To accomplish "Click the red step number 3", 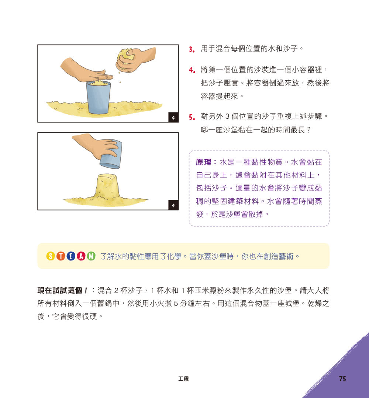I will coord(191,49).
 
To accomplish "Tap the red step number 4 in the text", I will coord(191,70).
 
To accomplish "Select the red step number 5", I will coord(191,117).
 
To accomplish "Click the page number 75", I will coord(342,379).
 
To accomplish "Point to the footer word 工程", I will coord(183,379).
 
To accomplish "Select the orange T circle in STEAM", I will coord(62,256).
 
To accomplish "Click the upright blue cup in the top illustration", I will coord(98,98).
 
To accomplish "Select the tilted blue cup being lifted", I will coord(110,154).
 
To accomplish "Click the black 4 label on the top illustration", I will coord(173,118).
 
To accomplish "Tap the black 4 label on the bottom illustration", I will coord(173,205).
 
